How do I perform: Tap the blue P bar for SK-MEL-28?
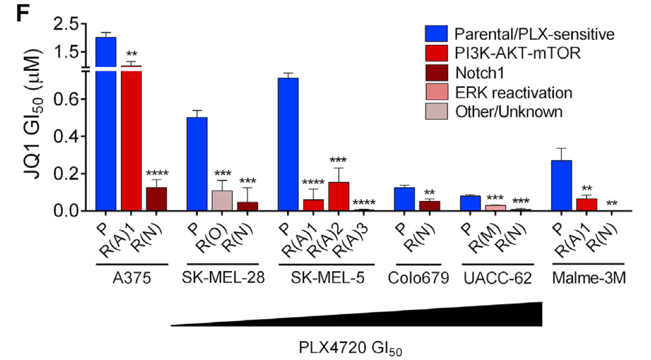click(x=197, y=163)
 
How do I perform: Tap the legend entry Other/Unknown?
click(x=508, y=111)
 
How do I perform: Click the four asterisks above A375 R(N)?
click(x=157, y=173)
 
